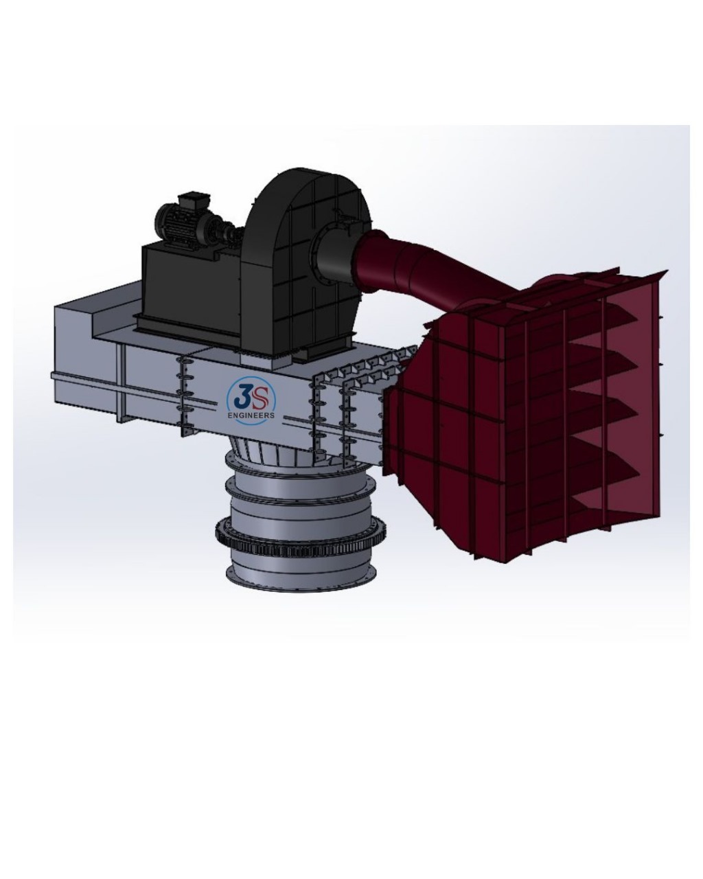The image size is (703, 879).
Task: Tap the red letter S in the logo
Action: [x=261, y=396]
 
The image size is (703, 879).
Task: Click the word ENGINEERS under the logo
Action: [x=251, y=415]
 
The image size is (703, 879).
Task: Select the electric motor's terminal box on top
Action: [x=187, y=200]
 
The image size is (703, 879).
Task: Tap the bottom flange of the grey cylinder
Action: [x=302, y=577]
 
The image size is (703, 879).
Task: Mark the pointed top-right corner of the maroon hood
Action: [x=663, y=273]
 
